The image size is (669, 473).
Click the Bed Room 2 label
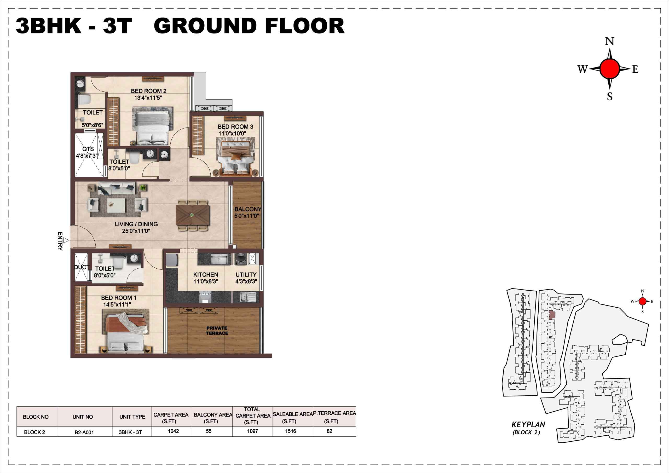tap(149, 91)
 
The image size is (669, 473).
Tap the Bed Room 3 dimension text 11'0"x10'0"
tap(232, 134)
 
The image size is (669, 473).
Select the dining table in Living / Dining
tap(192, 215)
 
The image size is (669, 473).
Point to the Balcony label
tap(248, 209)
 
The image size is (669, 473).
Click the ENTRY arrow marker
tap(66, 240)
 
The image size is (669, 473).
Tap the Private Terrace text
tap(217, 331)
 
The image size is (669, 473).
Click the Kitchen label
tap(206, 275)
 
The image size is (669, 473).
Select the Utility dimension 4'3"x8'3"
tap(246, 281)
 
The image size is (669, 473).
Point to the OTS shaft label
tap(88, 149)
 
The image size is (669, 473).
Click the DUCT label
tap(82, 267)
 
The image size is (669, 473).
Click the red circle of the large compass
tap(610, 69)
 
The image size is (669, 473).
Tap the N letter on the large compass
tap(610, 41)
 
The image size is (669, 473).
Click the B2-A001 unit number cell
tap(84, 432)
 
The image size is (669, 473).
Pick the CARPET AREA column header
tap(171, 418)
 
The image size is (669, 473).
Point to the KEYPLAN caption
tap(528, 424)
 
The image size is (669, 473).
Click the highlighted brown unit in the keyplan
tap(552, 315)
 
